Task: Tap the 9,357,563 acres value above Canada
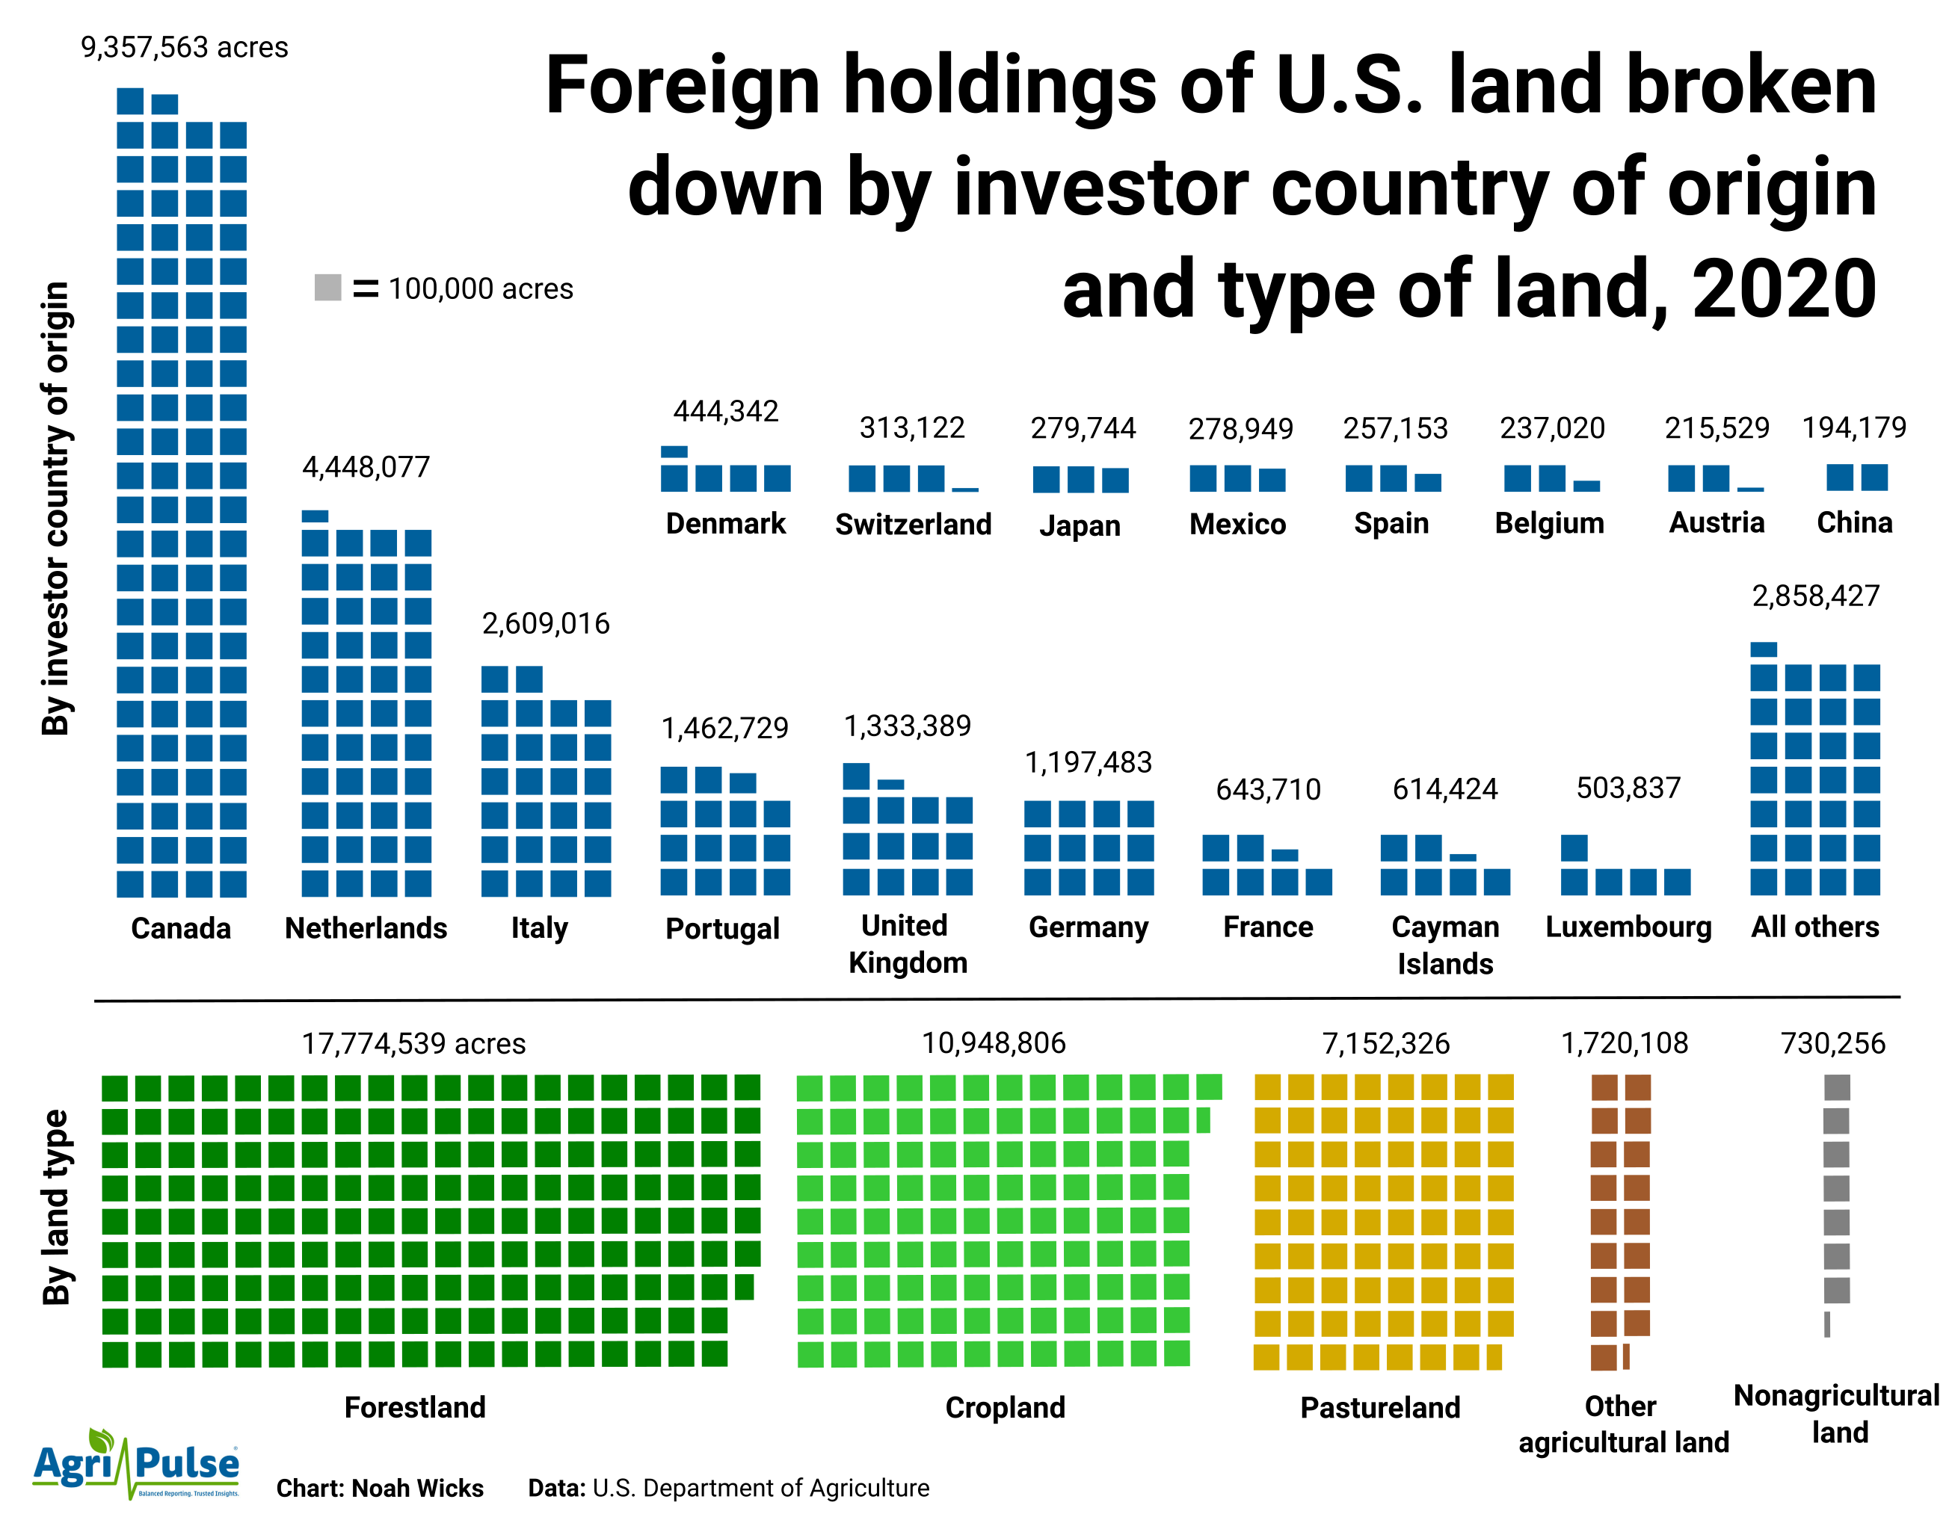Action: click(185, 46)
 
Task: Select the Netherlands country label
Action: click(366, 928)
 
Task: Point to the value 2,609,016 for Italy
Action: click(545, 623)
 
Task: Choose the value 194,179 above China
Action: click(1854, 427)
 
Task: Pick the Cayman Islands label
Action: click(1445, 945)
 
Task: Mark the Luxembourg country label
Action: click(1628, 927)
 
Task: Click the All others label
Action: click(1814, 927)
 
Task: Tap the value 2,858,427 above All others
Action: click(1815, 596)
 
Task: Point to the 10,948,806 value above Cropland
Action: click(994, 1042)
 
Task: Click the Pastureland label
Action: click(1379, 1407)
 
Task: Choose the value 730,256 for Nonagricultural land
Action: click(1832, 1042)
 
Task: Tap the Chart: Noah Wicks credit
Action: click(380, 1487)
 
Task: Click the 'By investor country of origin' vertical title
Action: click(55, 508)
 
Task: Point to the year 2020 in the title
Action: click(1783, 288)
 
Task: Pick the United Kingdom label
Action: click(907, 945)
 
